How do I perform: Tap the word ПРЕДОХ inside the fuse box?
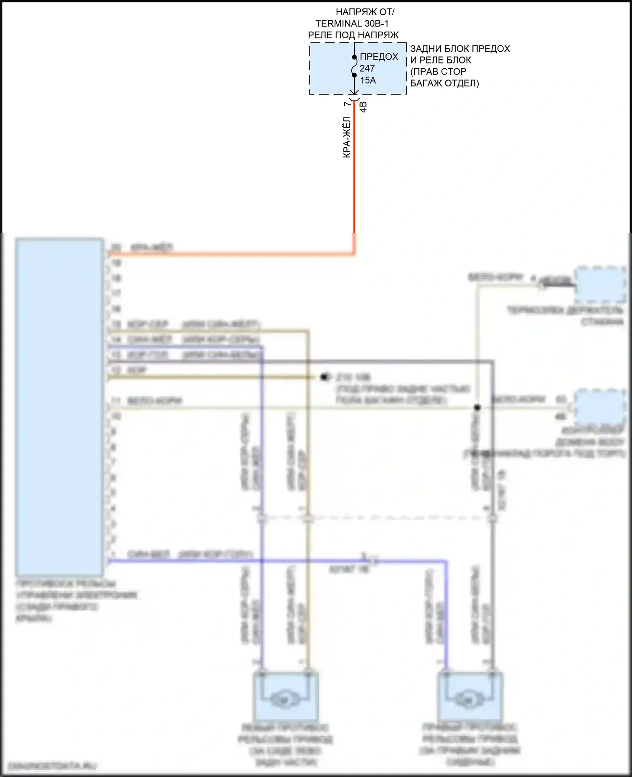[379, 57]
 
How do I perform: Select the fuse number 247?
[367, 68]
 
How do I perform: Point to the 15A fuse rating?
[368, 80]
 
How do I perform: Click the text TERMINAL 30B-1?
[352, 24]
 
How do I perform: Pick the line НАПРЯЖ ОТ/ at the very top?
[365, 12]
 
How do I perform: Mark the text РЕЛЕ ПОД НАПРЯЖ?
[353, 35]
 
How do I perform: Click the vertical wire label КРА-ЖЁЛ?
[347, 137]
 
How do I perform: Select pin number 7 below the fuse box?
[346, 104]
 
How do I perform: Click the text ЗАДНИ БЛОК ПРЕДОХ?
[460, 49]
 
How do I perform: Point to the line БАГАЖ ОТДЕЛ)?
[445, 83]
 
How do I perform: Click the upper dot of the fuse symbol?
[354, 57]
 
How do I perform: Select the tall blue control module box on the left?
[59, 407]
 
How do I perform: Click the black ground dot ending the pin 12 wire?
[324, 377]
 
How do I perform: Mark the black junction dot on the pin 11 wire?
[477, 407]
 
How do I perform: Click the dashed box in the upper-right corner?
[600, 285]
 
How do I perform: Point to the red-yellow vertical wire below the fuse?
[354, 177]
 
